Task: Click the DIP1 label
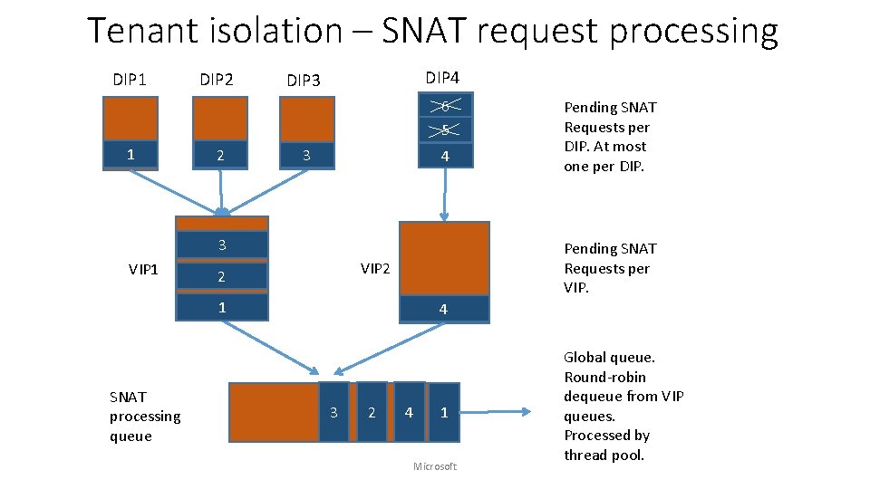[x=130, y=79]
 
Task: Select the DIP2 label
[x=217, y=80]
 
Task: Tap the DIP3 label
[x=304, y=81]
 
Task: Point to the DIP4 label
[x=442, y=78]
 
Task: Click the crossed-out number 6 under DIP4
[x=445, y=106]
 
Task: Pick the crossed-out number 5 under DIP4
[x=445, y=129]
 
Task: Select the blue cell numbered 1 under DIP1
[x=130, y=155]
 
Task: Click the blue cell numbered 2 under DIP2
[x=219, y=156]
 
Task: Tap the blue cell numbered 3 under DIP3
[x=306, y=156]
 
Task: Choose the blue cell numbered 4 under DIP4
[x=445, y=156]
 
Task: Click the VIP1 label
[x=144, y=269]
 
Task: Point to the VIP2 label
[x=375, y=268]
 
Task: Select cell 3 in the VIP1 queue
[x=222, y=244]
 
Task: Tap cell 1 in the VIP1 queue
[x=222, y=308]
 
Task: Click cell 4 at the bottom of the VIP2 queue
[x=443, y=309]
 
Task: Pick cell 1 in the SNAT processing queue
[x=444, y=412]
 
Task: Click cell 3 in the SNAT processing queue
[x=333, y=412]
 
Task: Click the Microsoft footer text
[x=435, y=466]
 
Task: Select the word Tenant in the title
[x=145, y=31]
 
